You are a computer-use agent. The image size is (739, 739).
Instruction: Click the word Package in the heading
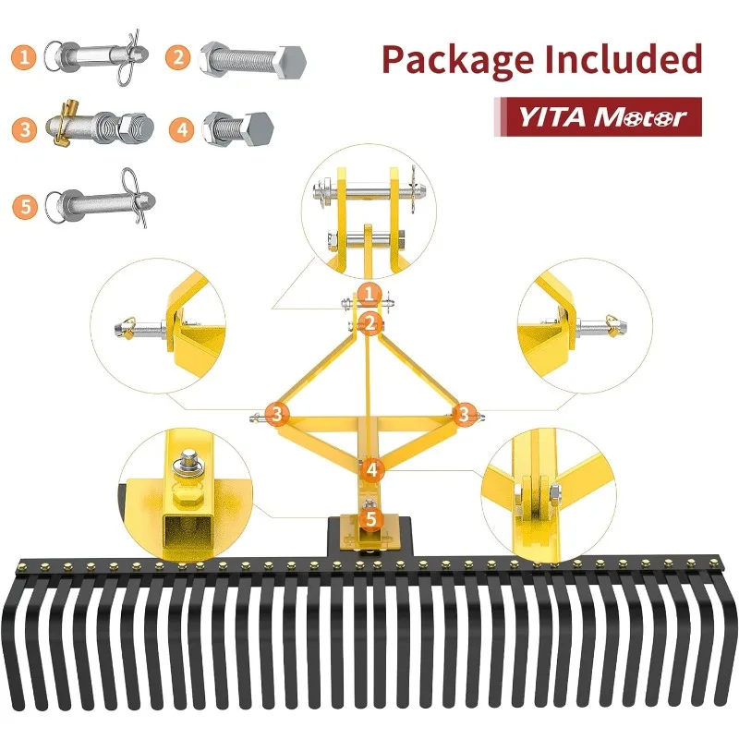pos(458,60)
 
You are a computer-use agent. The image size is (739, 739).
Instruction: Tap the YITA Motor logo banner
pos(598,117)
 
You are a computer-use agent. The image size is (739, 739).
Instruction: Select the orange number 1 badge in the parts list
pos(24,57)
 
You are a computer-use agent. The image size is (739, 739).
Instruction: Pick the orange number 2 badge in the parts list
pos(178,57)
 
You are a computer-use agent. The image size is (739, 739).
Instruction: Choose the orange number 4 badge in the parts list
pos(182,129)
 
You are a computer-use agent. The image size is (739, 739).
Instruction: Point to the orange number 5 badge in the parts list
pos(25,206)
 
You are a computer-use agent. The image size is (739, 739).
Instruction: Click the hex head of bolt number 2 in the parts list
pos(291,62)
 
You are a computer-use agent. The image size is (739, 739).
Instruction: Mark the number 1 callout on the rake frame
pos(369,295)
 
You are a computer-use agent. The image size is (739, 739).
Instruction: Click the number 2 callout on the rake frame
pos(370,323)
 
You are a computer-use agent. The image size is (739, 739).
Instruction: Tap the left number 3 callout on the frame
pos(277,414)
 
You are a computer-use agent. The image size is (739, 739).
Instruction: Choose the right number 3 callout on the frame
pos(465,414)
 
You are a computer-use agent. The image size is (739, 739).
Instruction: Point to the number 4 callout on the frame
pos(372,469)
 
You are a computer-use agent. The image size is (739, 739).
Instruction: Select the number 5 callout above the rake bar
pos(371,518)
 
